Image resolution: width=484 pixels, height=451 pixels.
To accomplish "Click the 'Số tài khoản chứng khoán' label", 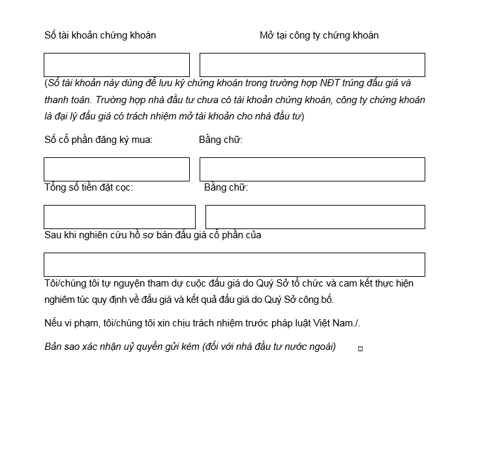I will (x=100, y=35).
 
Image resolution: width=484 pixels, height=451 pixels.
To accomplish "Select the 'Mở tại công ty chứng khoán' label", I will (x=319, y=35).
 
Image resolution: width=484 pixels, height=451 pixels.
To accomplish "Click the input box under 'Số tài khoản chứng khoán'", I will (x=117, y=65).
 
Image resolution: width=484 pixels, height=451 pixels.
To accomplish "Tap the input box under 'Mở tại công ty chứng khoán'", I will (x=312, y=65).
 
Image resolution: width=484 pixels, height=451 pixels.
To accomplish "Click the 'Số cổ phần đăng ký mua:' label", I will (x=98, y=139).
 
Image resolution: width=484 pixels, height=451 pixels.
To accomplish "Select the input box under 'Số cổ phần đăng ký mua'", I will (x=117, y=169).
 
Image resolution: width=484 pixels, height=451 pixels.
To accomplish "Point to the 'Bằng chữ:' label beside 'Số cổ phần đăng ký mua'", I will (x=220, y=139).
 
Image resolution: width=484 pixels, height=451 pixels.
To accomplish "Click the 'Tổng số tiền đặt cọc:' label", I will (x=89, y=187).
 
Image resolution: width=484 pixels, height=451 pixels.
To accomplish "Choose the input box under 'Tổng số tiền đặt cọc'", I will (x=119, y=217).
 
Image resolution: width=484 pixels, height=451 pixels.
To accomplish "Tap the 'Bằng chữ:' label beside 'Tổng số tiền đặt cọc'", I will (x=226, y=187).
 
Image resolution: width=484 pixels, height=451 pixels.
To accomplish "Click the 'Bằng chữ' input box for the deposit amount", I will (x=315, y=217).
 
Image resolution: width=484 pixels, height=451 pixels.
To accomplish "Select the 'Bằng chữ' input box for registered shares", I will (x=312, y=169).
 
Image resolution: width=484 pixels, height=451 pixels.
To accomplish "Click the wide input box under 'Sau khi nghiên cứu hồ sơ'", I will (x=234, y=264).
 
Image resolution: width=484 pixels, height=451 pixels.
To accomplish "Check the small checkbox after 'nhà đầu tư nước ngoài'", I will (x=360, y=349).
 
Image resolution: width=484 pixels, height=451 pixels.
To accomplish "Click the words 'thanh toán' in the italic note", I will (x=68, y=100).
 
